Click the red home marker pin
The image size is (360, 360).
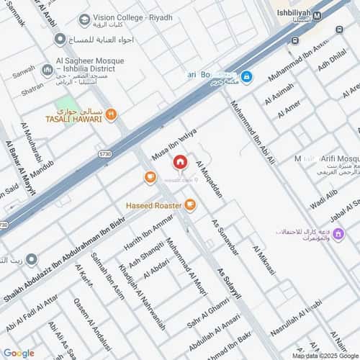coord(179,163)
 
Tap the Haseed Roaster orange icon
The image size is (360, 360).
coord(190,206)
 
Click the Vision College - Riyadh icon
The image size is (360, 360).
coord(85,19)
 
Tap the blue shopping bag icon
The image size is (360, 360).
coord(246,76)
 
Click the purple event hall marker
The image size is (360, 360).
coord(338,234)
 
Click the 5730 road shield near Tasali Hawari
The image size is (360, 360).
coord(105,153)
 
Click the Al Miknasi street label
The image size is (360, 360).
coord(263,259)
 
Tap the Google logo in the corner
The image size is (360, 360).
coord(19,353)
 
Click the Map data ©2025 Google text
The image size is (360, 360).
coord(323,356)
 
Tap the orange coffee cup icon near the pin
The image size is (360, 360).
coord(150,177)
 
